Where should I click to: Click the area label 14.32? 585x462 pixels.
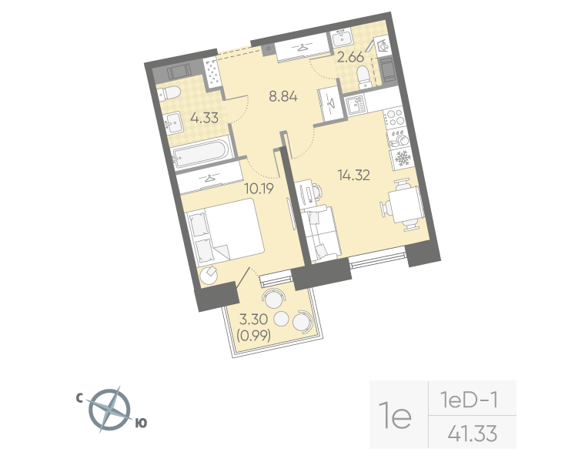(x=354, y=175)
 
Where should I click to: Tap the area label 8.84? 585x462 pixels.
(x=282, y=97)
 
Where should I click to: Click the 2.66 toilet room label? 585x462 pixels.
(x=350, y=56)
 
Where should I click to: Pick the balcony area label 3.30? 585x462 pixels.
(x=253, y=320)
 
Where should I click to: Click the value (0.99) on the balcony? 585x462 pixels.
(x=253, y=335)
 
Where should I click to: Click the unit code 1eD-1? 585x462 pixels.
(x=470, y=400)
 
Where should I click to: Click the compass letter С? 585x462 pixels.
(x=79, y=398)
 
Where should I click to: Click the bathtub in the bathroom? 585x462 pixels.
(x=202, y=152)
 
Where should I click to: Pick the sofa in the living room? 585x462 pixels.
(x=322, y=232)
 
